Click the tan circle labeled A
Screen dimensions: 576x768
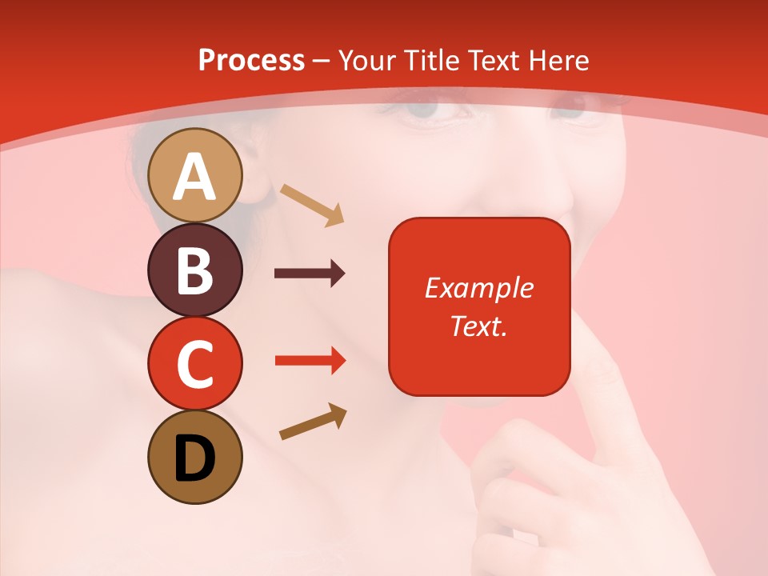[194, 175]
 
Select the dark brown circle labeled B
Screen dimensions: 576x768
[194, 270]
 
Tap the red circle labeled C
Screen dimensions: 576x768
[194, 364]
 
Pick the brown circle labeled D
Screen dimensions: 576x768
[194, 458]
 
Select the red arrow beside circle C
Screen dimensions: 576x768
[310, 360]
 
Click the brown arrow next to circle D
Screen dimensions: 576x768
[313, 422]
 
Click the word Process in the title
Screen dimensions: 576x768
[251, 60]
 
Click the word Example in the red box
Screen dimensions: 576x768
[478, 288]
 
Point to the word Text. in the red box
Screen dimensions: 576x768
[478, 326]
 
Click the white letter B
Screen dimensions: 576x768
[194, 270]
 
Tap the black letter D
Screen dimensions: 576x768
[194, 458]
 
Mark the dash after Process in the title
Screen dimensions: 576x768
[322, 62]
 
